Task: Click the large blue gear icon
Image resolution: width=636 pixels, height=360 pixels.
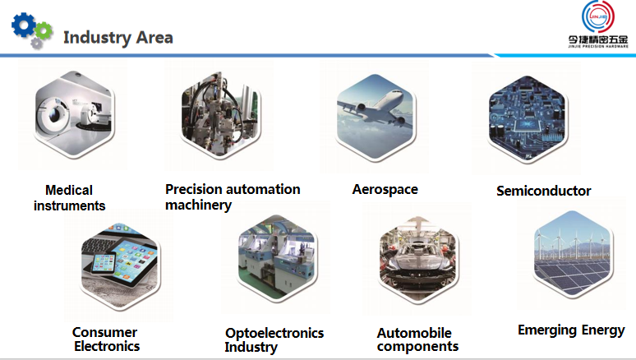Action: (x=23, y=25)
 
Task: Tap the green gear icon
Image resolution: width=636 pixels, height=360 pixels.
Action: (x=44, y=30)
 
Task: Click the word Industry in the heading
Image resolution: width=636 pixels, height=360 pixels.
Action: (x=97, y=38)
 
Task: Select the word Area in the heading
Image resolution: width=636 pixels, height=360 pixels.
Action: (x=154, y=37)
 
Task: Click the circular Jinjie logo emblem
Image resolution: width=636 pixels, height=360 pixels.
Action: (x=598, y=16)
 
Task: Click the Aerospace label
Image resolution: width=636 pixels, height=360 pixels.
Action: (x=385, y=190)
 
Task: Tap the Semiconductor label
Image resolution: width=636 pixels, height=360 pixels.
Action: (x=543, y=191)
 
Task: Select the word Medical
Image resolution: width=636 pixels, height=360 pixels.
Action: (x=69, y=190)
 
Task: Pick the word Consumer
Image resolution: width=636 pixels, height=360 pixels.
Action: (x=104, y=332)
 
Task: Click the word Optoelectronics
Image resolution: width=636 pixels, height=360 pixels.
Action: (x=274, y=333)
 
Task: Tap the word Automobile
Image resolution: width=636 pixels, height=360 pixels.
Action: (x=414, y=333)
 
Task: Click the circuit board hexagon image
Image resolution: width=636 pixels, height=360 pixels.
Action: (x=527, y=118)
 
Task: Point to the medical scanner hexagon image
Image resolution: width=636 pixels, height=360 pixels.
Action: (x=74, y=113)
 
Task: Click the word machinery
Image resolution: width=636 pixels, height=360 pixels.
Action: (x=198, y=205)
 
